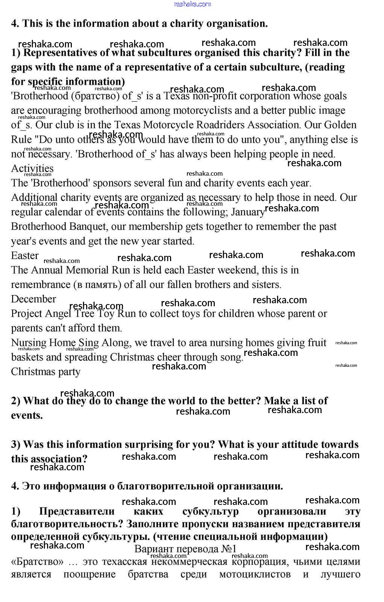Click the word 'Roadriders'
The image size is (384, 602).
[243, 125]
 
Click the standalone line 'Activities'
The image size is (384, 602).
[32, 169]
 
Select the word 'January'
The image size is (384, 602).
[248, 212]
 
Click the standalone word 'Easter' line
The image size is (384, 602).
[25, 256]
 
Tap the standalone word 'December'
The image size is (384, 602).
[33, 299]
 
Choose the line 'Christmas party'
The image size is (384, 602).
[46, 372]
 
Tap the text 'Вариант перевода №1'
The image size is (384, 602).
[185, 549]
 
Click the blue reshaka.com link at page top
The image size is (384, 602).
[193, 4]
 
